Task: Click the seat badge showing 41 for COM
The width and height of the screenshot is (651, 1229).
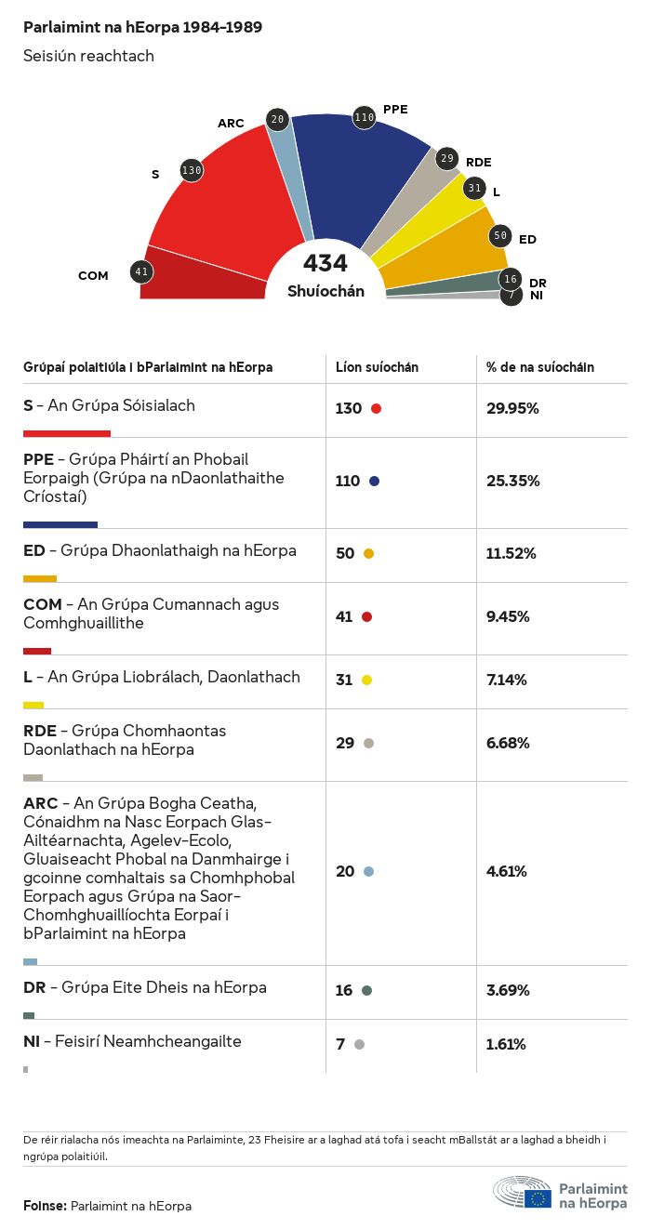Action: [x=141, y=272]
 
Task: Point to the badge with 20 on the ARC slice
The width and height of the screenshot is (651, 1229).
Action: [x=277, y=119]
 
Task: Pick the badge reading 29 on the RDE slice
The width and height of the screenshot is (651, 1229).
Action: [x=447, y=159]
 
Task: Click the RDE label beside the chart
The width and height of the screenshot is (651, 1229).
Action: [x=478, y=163]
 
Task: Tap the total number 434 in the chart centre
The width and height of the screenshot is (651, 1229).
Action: [x=325, y=264]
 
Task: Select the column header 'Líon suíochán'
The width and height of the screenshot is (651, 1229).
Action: [x=377, y=367]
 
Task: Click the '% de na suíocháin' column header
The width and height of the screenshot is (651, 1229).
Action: [x=540, y=367]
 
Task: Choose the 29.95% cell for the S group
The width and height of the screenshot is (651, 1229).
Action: [x=512, y=408]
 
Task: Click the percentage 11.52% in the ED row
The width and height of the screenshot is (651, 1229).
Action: [x=511, y=553]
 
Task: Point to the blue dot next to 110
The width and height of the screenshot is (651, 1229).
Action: [x=374, y=481]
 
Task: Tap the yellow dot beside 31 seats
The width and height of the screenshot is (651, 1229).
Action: [x=366, y=680]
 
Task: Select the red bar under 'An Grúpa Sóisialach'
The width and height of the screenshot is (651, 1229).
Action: [x=67, y=433]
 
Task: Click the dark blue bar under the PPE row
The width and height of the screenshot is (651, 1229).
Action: [x=60, y=524]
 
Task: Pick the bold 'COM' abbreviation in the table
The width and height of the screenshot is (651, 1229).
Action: [x=42, y=604]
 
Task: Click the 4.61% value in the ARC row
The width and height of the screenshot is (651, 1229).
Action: [x=507, y=871]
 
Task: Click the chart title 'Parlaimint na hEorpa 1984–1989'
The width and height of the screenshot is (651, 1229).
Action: [x=142, y=28]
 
